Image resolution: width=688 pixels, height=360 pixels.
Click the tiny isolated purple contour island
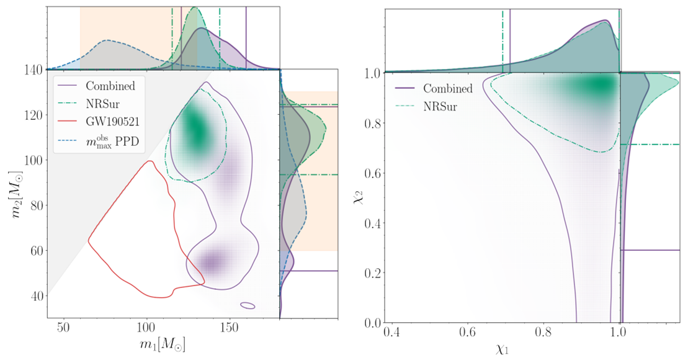pos(248,305)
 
